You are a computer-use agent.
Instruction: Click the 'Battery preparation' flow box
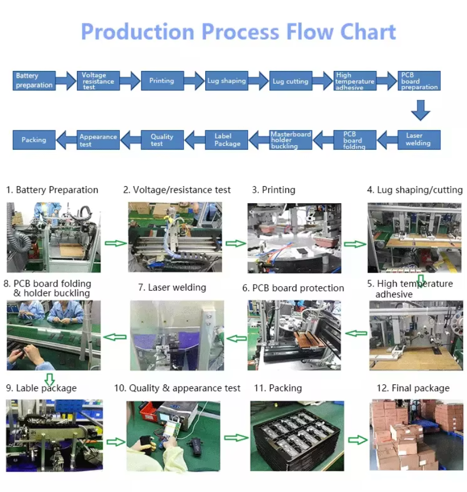pos(33,80)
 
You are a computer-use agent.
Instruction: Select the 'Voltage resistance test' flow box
pos(98,80)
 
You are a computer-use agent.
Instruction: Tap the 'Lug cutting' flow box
pos(291,81)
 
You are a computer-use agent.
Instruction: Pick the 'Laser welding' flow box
pos(418,139)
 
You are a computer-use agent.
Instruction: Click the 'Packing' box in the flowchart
pos(34,140)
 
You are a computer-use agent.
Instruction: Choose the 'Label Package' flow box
pos(227,140)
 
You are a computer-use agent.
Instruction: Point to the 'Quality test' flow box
pos(162,140)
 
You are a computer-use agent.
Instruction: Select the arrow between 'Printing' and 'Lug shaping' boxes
pos(194,81)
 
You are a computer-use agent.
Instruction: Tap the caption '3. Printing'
pos(273,190)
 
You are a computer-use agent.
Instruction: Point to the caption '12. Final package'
pos(413,388)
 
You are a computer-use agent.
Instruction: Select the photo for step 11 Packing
pos(297,436)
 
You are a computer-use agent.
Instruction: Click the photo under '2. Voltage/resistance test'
pos(175,237)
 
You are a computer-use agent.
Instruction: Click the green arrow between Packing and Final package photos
pos(358,439)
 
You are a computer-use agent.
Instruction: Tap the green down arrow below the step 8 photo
pos(50,379)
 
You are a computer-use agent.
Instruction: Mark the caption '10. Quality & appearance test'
pos(177,388)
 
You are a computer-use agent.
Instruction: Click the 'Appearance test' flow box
pos(98,140)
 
